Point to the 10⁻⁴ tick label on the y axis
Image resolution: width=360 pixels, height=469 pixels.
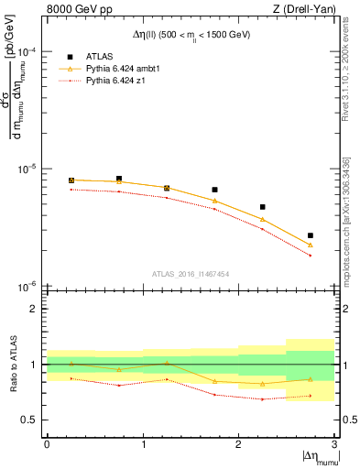(x=28, y=52)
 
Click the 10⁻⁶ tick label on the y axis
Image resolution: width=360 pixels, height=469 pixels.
(x=28, y=287)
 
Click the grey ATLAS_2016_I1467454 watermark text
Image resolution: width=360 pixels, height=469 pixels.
(x=190, y=274)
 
